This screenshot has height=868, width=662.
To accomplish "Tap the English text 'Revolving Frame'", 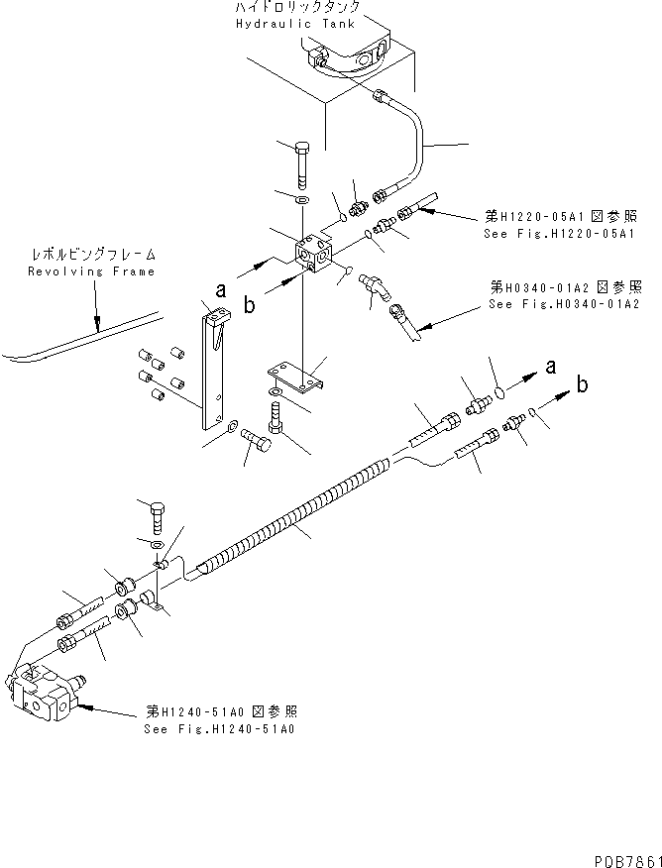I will point(91,271).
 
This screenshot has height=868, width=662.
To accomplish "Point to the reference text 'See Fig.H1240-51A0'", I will point(218,728).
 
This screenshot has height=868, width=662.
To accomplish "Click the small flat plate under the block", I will point(297,377).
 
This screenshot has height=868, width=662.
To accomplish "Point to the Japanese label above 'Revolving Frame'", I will point(92,255).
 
